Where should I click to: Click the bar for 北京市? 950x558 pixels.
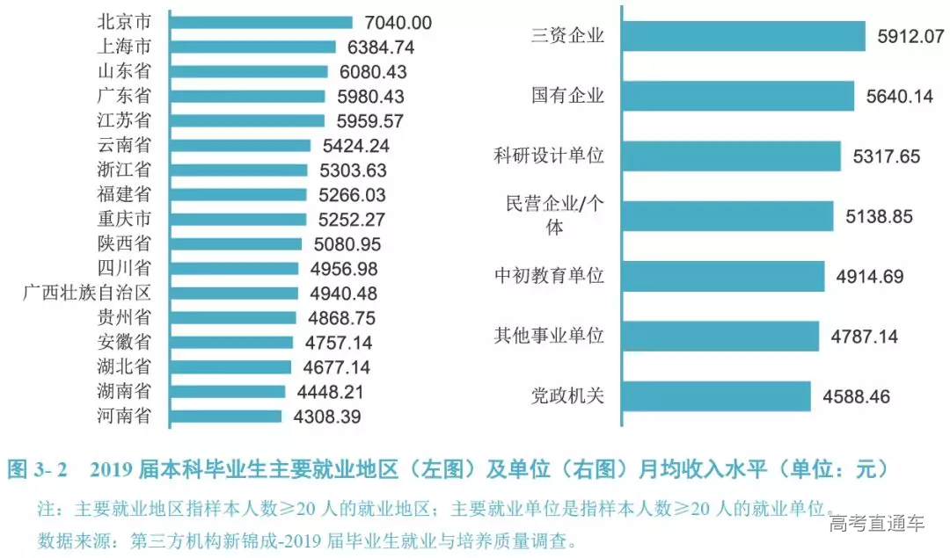point(260,23)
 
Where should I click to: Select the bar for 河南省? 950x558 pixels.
point(225,416)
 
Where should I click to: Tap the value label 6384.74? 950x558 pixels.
point(377,47)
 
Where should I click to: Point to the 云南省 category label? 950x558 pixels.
point(123,145)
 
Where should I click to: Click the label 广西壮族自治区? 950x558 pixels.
point(87,293)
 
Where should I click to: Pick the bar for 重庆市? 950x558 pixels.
point(237,219)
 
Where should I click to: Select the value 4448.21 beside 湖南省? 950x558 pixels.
point(327,391)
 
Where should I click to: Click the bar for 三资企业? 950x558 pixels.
point(743,36)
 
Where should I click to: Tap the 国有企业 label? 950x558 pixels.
point(567,96)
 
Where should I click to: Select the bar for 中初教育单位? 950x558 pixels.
point(723,276)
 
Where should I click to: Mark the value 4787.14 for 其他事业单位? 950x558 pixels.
point(865,336)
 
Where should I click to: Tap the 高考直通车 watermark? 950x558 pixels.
point(876,524)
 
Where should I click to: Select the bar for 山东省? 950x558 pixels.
point(248,72)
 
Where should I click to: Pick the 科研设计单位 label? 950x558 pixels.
point(549,156)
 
